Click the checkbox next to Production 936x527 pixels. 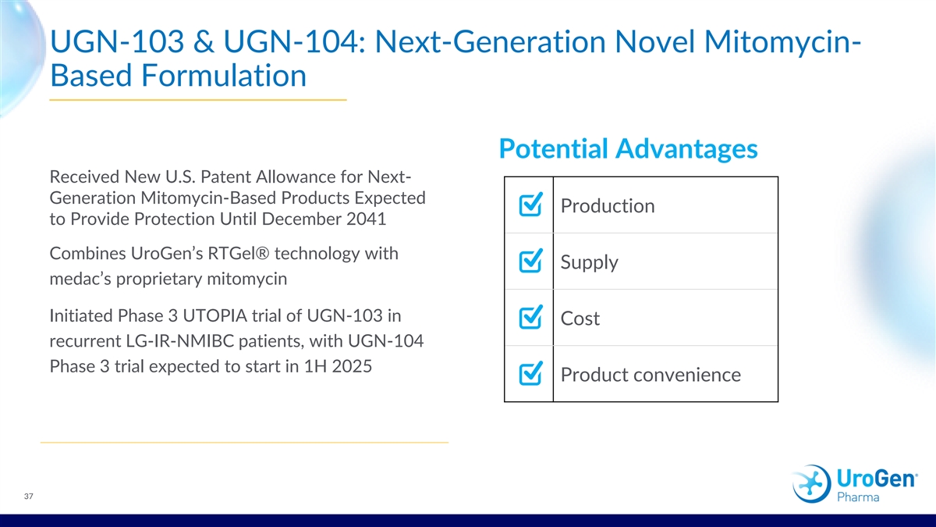tap(530, 205)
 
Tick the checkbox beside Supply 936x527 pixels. tap(530, 261)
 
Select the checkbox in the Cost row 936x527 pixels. tap(530, 317)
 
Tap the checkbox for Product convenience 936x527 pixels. tap(530, 373)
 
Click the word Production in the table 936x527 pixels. tap(608, 206)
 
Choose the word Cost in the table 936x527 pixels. tap(580, 319)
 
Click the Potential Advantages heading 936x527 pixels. tap(628, 148)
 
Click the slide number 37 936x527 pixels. tap(28, 497)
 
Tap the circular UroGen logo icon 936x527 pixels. tap(811, 483)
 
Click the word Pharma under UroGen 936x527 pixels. tap(858, 497)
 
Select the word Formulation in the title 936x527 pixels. tap(224, 75)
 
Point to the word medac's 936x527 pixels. tap(80, 279)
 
